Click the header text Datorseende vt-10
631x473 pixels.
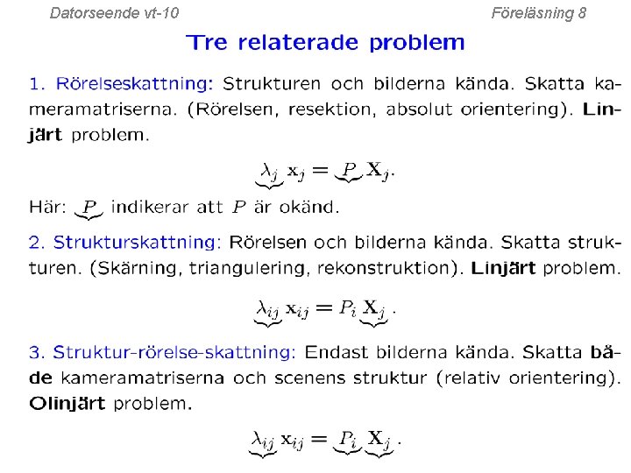pyautogui.click(x=115, y=13)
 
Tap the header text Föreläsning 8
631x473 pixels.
pyautogui.click(x=539, y=13)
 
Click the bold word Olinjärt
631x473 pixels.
pyautogui.click(x=67, y=404)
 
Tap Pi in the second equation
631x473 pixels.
pyautogui.click(x=348, y=307)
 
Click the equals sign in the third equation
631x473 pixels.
pyautogui.click(x=321, y=438)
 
